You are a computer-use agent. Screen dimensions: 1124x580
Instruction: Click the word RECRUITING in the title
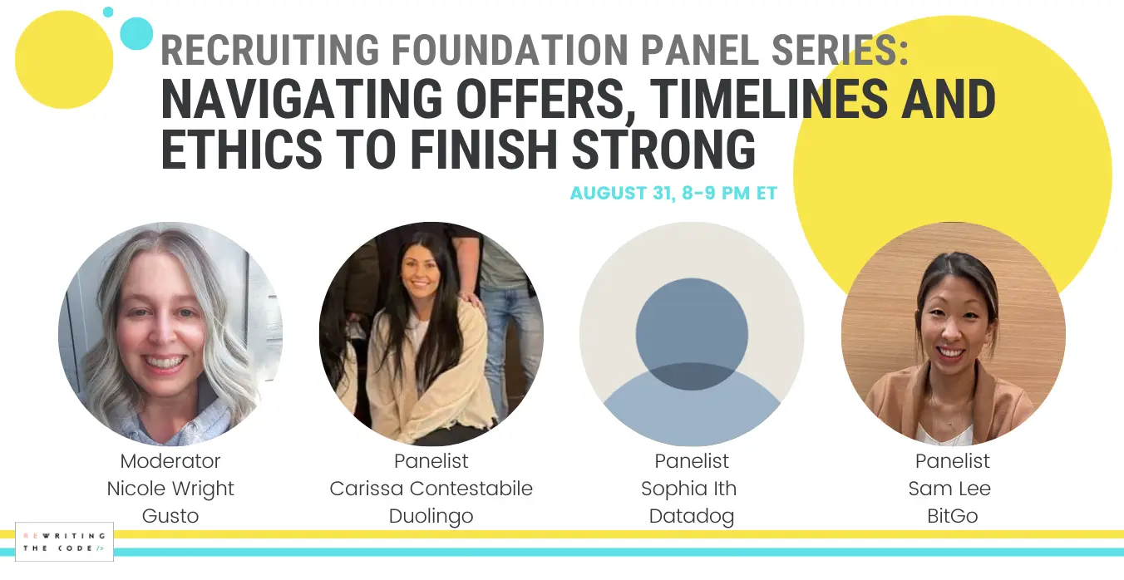point(270,50)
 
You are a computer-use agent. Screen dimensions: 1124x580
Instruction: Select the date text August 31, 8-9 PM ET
point(673,193)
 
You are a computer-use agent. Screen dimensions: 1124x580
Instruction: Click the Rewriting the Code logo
point(64,542)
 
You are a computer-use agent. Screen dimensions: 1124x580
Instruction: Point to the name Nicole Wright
point(170,489)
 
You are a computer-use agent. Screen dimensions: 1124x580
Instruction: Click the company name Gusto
point(170,516)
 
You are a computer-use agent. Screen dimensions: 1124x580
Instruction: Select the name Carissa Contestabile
point(431,489)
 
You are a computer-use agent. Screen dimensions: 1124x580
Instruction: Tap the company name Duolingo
point(431,516)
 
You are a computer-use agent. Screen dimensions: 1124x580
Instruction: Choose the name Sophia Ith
point(689,489)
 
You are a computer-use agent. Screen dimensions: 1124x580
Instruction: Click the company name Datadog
point(692,516)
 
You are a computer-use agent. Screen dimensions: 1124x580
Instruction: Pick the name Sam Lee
point(949,489)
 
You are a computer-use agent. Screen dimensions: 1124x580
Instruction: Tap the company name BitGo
point(953,516)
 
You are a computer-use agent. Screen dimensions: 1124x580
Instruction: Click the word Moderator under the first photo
point(170,461)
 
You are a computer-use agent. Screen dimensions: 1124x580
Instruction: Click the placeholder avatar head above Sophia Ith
point(692,334)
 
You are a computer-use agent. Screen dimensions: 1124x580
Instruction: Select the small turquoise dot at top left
point(108,12)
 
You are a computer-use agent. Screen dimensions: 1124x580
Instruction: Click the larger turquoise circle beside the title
point(136,33)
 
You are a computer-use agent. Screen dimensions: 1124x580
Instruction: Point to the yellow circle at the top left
point(64,60)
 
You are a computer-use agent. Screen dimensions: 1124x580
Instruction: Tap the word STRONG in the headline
point(663,149)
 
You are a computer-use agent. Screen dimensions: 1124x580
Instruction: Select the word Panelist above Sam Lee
point(953,461)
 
